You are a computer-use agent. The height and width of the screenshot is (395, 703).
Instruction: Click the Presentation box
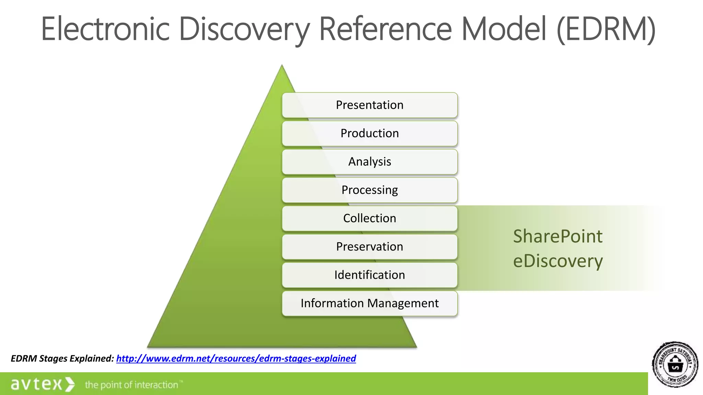[370, 105]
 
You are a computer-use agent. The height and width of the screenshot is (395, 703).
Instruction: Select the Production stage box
[370, 133]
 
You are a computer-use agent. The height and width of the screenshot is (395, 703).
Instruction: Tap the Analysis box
[370, 162]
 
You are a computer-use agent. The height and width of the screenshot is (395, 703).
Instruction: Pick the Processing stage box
[370, 190]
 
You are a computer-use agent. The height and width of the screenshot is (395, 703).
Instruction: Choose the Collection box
[370, 218]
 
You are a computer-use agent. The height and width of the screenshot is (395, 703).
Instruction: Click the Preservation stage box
[370, 247]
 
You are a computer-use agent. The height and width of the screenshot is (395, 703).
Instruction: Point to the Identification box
[370, 275]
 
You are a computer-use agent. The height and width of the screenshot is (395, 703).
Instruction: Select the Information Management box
[370, 303]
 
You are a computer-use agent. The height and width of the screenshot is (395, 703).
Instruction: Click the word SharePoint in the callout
[557, 237]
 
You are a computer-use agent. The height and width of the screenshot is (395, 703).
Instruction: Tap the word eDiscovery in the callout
[557, 261]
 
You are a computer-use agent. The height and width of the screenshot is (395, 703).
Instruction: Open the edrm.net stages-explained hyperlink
[236, 358]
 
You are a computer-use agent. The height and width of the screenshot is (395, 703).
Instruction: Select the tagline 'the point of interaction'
[132, 385]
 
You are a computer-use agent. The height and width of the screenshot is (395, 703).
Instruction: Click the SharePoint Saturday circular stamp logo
[675, 364]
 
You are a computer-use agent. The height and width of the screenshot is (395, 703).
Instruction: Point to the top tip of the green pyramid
[282, 66]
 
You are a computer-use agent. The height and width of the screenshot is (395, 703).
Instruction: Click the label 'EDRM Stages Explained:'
[62, 358]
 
